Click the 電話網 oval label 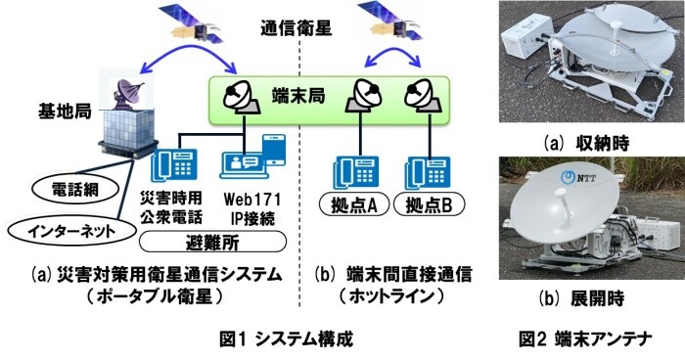tap(75, 190)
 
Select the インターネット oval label tap(71, 232)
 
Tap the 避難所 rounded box tap(212, 242)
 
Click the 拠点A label tap(354, 204)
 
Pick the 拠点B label tap(429, 204)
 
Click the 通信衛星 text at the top tap(297, 28)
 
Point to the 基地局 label tap(65, 112)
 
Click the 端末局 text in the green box tap(298, 96)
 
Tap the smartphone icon tap(274, 150)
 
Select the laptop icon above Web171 tap(242, 165)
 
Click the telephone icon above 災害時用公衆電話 tap(174, 164)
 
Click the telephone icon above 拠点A tap(355, 172)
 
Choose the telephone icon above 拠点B tap(428, 172)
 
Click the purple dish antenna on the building tap(127, 94)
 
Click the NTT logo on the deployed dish tap(578, 177)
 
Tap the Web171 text tap(252, 200)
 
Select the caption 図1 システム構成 tap(286, 339)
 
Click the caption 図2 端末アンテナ tap(585, 339)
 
